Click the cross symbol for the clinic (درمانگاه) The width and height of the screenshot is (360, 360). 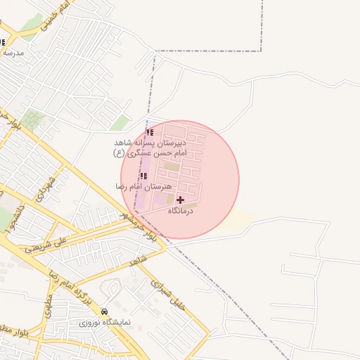pyautogui.click(x=181, y=200)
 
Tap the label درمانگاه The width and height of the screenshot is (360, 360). pyautogui.click(x=181, y=211)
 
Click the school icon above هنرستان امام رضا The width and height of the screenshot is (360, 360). pyautogui.click(x=144, y=176)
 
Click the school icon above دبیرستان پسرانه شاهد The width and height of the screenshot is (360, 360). pyautogui.click(x=149, y=132)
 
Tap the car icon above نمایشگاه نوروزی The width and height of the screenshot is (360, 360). pyautogui.click(x=104, y=311)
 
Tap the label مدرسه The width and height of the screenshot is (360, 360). pyautogui.click(x=13, y=53)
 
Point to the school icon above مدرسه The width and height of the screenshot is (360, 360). pyautogui.click(x=2, y=42)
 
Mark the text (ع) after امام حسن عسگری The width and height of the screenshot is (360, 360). pyautogui.click(x=119, y=153)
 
